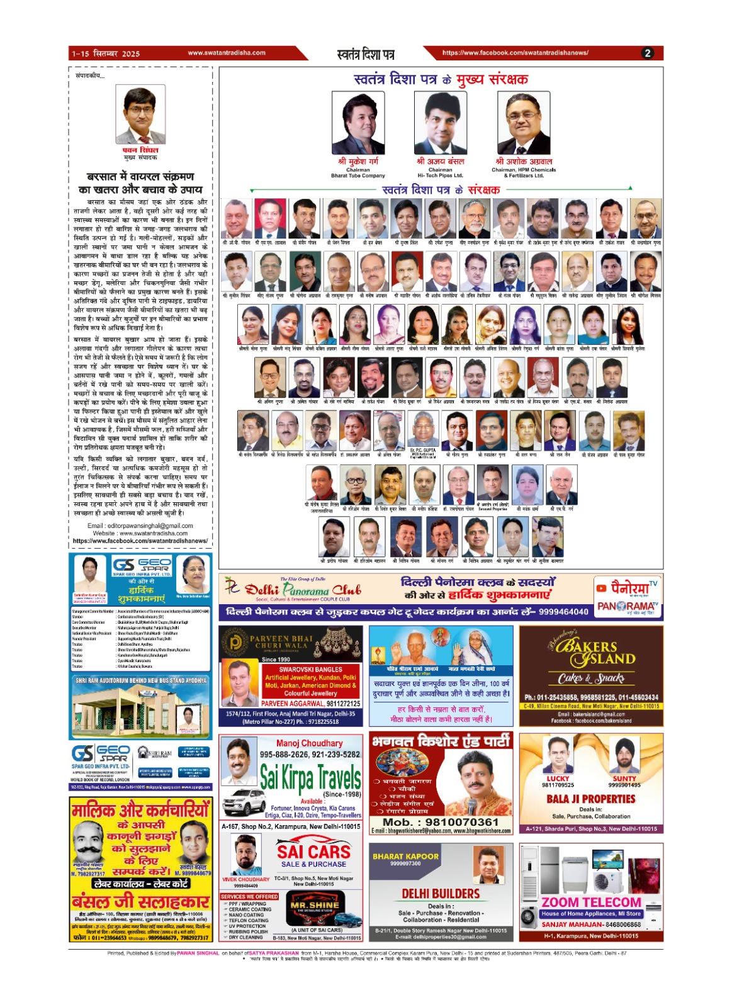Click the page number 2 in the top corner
[x=648, y=53]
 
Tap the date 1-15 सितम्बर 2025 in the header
[x=106, y=53]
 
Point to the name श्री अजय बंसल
[x=440, y=161]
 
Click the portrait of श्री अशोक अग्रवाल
[x=523, y=123]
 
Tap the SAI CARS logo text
[x=313, y=852]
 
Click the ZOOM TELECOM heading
[x=592, y=902]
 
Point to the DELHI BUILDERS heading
[x=441, y=894]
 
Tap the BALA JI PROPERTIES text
[x=591, y=799]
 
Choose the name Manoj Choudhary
[x=309, y=743]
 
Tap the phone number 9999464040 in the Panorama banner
[x=563, y=611]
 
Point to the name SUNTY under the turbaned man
[x=624, y=779]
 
